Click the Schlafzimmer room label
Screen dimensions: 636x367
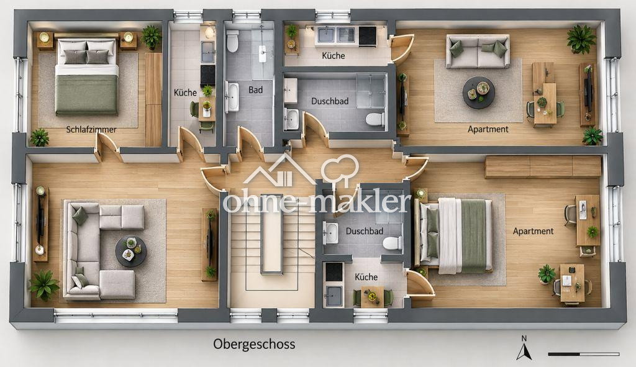click(91, 129)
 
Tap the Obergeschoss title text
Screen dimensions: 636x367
click(254, 344)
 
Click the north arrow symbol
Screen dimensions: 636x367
click(524, 348)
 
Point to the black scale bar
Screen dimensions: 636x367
click(584, 354)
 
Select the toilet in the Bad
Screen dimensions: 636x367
click(232, 42)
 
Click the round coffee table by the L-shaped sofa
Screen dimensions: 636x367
click(130, 251)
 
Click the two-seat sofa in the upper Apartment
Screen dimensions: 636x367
click(478, 51)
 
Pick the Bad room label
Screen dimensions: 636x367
click(255, 90)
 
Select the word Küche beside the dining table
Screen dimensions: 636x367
click(366, 277)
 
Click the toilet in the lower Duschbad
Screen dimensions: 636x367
click(393, 243)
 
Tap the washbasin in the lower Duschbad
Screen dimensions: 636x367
click(330, 233)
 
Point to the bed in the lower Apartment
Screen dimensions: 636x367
click(455, 235)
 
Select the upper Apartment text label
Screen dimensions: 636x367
click(488, 129)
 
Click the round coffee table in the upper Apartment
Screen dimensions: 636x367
click(479, 93)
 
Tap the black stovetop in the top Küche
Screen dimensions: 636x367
click(366, 35)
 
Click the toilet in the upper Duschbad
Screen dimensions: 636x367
click(375, 119)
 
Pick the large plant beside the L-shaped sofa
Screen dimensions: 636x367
click(44, 285)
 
